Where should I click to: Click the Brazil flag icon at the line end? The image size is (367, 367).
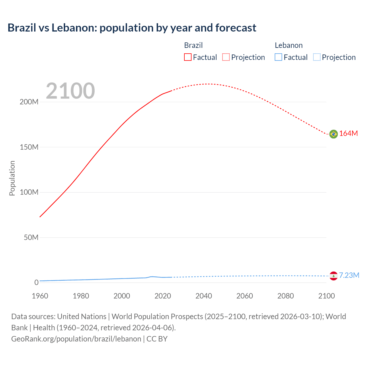(333, 134)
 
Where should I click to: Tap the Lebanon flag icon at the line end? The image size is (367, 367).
(333, 276)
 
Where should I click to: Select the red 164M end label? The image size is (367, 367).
(349, 134)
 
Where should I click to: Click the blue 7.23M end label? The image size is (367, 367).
(349, 276)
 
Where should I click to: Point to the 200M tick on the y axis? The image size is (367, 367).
(29, 102)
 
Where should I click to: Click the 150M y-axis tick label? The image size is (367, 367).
(29, 147)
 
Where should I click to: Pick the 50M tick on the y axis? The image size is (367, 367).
(31, 238)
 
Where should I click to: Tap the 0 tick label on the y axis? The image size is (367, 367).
(36, 283)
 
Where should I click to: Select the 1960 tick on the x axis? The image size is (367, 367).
(40, 296)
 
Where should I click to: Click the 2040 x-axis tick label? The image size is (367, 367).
(204, 296)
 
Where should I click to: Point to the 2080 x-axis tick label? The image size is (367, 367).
(286, 296)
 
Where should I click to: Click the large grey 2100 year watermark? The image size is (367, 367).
(70, 91)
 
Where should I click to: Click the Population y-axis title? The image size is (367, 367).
(12, 178)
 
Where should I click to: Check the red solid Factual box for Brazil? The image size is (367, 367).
(188, 57)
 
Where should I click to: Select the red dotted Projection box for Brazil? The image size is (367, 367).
(226, 57)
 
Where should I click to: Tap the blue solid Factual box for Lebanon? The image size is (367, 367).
(278, 57)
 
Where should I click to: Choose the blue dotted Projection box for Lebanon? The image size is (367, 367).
(317, 57)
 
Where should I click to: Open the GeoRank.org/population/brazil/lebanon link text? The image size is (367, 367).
(76, 339)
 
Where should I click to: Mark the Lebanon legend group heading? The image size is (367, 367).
(289, 45)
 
